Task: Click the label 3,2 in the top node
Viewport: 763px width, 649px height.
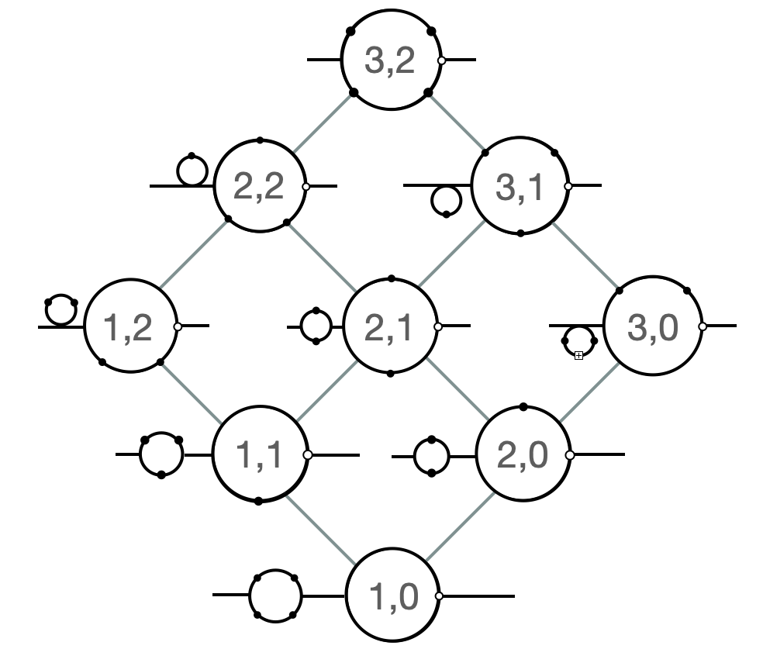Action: point(390,60)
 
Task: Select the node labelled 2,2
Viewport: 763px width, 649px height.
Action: point(259,187)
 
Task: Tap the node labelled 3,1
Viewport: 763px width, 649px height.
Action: point(520,187)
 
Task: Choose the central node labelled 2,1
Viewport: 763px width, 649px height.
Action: point(389,327)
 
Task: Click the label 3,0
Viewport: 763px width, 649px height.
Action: point(652,327)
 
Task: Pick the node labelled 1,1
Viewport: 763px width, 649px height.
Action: point(259,455)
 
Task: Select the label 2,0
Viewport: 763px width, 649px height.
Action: point(522,455)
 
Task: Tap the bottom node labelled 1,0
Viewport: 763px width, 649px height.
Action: point(392,596)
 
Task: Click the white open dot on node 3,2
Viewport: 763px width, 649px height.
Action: point(441,60)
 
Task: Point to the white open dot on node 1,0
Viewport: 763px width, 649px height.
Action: point(439,596)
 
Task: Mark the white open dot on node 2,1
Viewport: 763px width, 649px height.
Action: point(438,326)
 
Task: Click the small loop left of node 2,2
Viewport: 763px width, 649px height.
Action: point(192,171)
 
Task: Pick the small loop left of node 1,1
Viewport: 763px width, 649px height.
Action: point(161,455)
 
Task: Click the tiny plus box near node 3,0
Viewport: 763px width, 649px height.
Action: point(578,356)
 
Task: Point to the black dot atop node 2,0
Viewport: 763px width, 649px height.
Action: point(523,407)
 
